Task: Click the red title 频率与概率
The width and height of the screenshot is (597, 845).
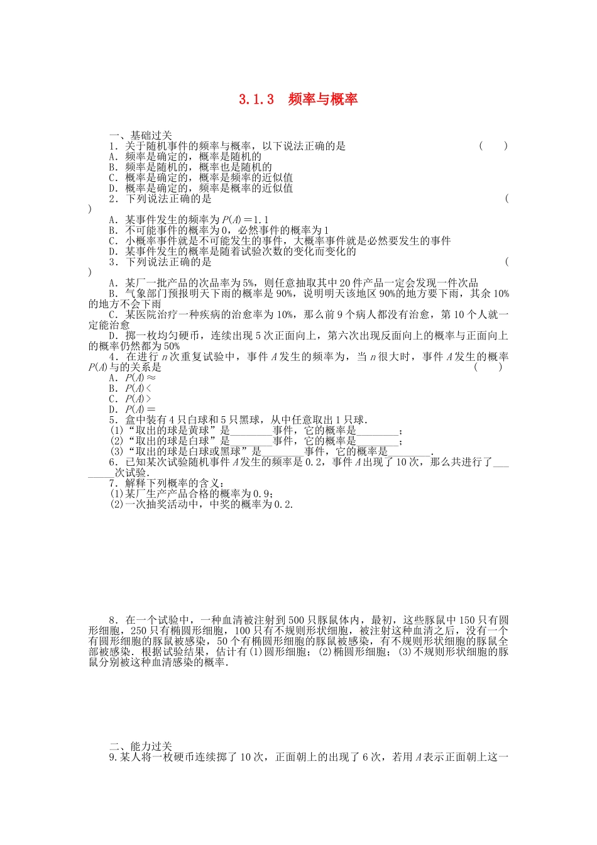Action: pos(322,99)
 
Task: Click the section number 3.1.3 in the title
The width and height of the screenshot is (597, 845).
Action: pos(256,99)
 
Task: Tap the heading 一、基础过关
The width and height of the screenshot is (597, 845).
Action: pos(140,135)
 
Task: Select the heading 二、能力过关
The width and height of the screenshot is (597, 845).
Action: pos(140,746)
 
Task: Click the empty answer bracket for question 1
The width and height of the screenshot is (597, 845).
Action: pos(493,146)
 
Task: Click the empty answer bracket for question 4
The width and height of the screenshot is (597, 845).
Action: pos(488,367)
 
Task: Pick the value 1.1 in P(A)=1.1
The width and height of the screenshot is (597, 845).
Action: pos(261,220)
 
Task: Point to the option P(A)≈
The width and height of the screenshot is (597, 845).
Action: pos(140,378)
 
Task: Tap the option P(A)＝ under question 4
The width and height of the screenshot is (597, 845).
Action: pos(140,410)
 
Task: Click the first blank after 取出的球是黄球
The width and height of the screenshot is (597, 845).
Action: pos(251,431)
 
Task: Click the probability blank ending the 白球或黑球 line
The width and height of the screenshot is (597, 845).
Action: pos(410,452)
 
